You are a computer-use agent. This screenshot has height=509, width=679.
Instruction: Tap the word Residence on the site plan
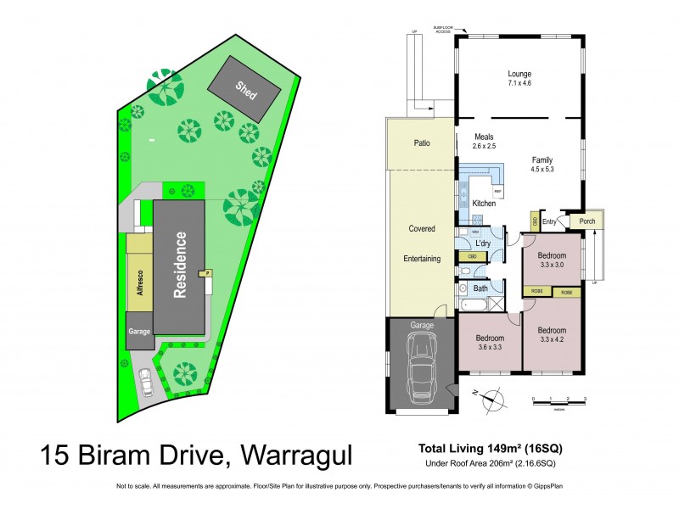click(x=180, y=265)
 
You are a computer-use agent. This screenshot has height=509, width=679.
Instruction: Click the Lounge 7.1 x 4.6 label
click(x=519, y=79)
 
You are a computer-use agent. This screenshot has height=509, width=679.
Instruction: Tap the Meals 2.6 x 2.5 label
click(x=484, y=142)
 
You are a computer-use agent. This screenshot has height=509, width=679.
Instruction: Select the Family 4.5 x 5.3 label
click(x=542, y=165)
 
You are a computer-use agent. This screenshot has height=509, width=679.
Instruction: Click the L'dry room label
click(x=482, y=243)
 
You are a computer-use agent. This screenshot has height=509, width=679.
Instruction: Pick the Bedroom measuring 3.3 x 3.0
click(x=552, y=259)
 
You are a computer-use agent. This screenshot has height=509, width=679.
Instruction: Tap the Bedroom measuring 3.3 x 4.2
click(x=553, y=334)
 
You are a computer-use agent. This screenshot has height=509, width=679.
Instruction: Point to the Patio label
click(x=421, y=143)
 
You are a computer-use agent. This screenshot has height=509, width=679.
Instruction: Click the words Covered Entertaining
click(x=422, y=243)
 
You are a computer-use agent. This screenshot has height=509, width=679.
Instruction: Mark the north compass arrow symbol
click(x=491, y=396)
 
